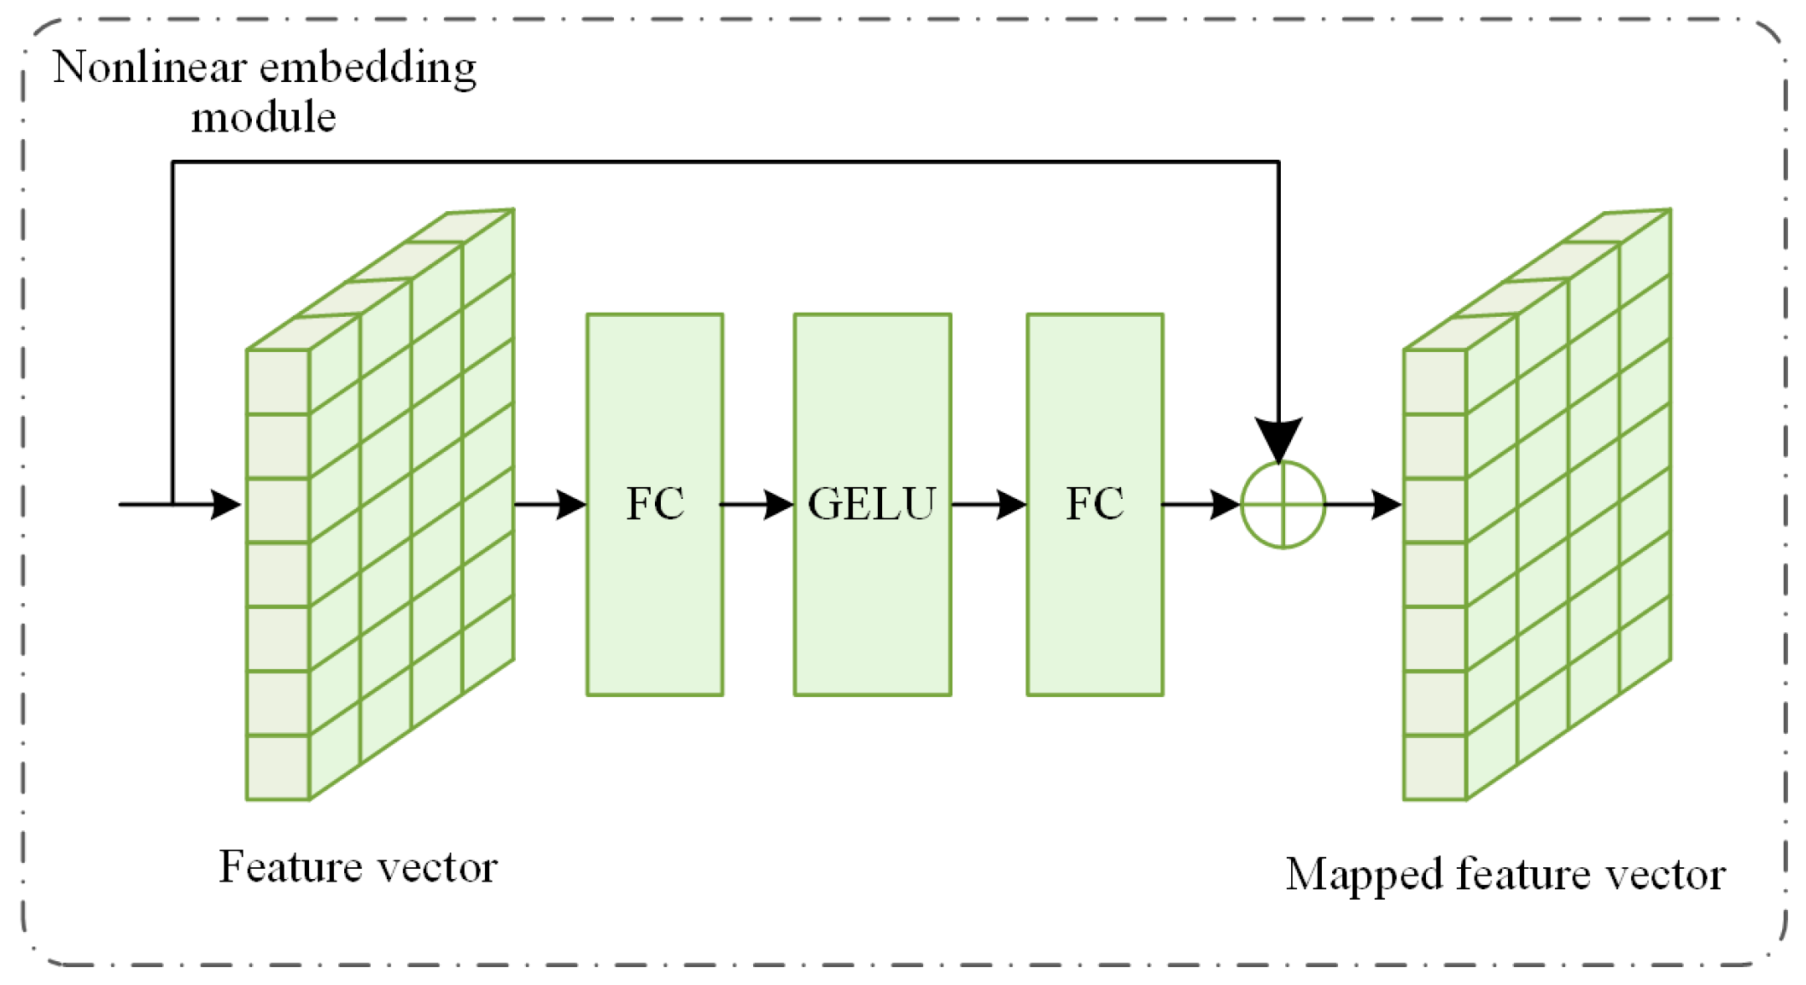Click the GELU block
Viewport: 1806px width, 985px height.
click(872, 504)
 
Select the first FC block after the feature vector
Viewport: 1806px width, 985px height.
click(654, 504)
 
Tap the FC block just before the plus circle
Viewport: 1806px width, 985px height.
click(1094, 504)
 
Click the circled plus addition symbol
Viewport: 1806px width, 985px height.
click(1282, 505)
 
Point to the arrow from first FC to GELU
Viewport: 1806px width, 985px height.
click(757, 505)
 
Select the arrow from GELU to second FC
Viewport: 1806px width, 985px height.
click(988, 505)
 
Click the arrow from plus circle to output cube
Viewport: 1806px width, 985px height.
click(1364, 505)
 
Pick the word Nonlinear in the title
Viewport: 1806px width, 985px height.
click(149, 68)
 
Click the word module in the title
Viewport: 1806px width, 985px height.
click(263, 118)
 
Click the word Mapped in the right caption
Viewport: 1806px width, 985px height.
click(1364, 875)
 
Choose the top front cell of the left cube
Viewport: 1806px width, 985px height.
click(278, 382)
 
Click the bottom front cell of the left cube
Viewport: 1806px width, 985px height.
click(278, 767)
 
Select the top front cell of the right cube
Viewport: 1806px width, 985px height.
click(1435, 382)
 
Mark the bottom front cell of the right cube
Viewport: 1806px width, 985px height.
click(1435, 767)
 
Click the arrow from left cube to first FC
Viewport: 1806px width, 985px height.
click(550, 505)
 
